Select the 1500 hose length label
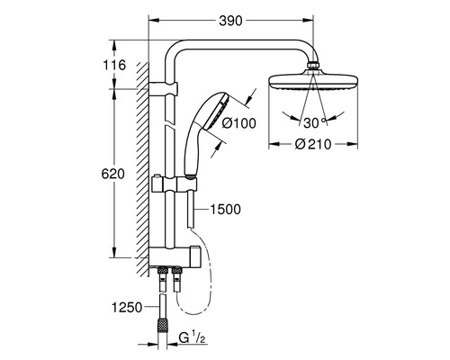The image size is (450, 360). (226, 209)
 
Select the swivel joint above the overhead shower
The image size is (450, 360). (311, 66)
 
